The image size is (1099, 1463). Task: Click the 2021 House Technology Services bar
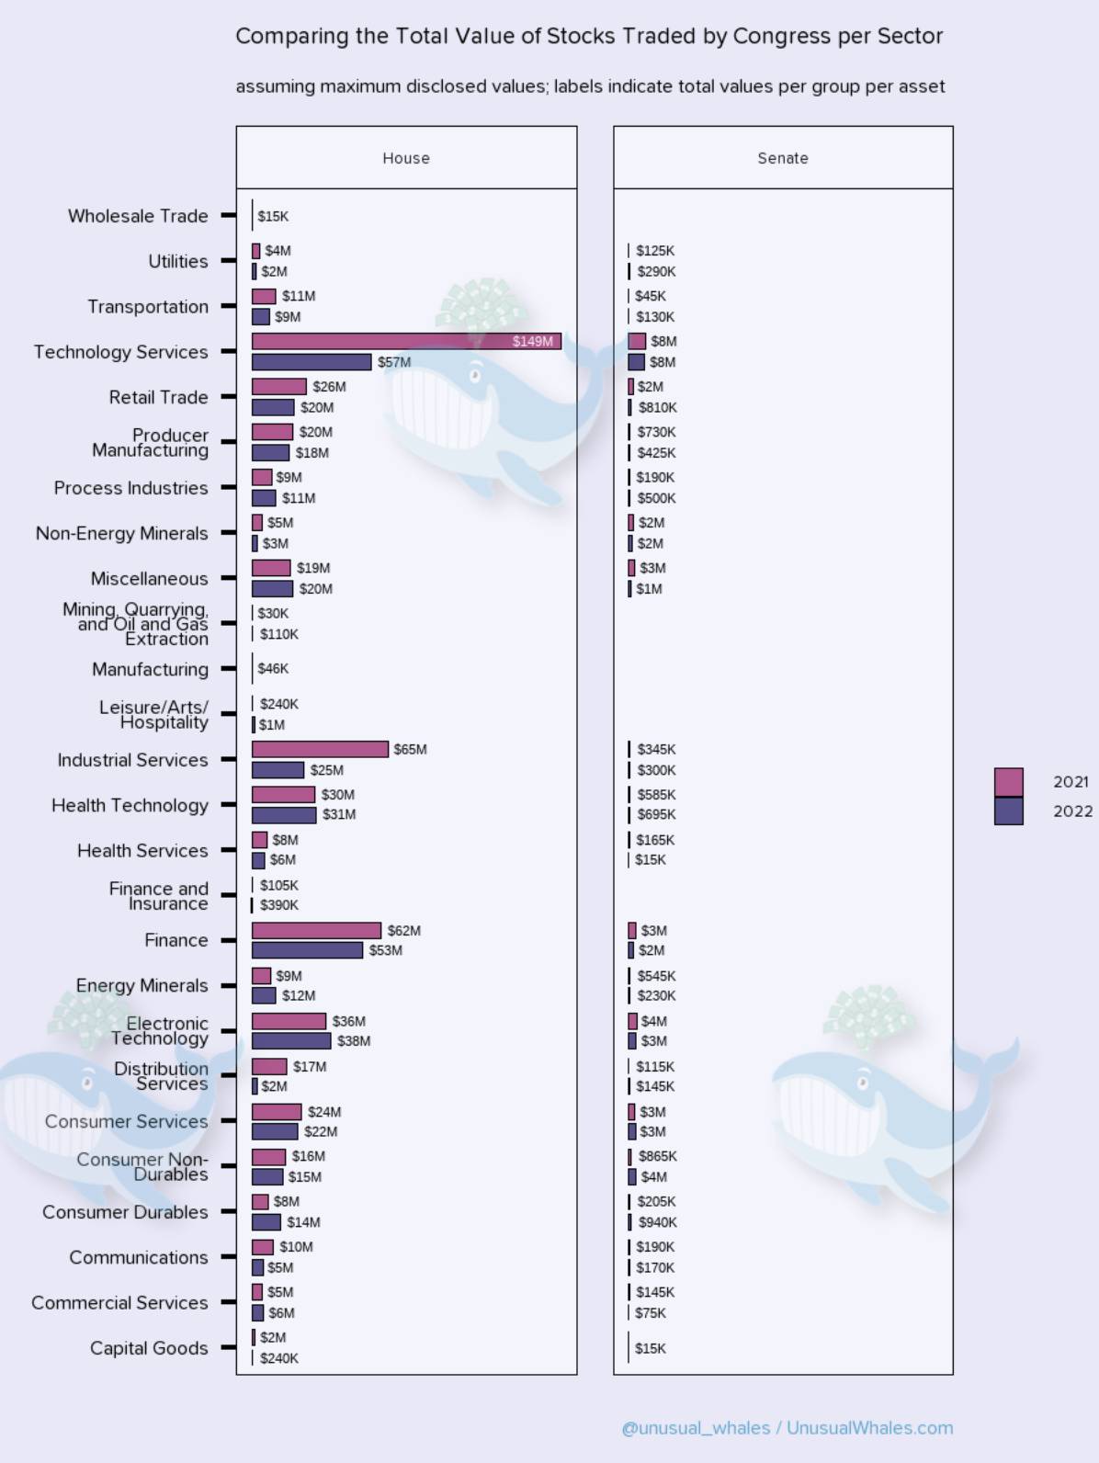(x=406, y=342)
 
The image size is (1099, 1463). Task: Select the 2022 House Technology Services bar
(x=312, y=362)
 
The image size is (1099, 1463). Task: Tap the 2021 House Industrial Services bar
(x=320, y=749)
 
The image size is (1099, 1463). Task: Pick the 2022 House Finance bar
(x=307, y=950)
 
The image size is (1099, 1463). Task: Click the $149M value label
(x=533, y=342)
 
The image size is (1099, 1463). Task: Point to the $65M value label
(x=410, y=749)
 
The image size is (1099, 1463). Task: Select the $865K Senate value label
(x=657, y=1156)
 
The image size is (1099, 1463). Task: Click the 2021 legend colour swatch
(x=1008, y=782)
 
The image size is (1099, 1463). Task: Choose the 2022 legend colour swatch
(x=1008, y=811)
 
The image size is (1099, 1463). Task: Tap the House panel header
(x=406, y=158)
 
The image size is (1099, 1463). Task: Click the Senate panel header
(x=783, y=158)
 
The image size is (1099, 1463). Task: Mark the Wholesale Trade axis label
(x=138, y=216)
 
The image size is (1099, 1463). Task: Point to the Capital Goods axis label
(x=149, y=1348)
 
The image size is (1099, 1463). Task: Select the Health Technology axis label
(x=130, y=805)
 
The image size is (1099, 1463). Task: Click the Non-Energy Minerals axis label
(x=121, y=533)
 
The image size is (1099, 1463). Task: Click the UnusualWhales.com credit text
(x=869, y=1428)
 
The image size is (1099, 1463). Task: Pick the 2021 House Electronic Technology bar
(x=289, y=1021)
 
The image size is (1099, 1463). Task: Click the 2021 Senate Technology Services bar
(x=637, y=342)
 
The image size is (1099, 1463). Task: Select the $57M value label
(x=394, y=362)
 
